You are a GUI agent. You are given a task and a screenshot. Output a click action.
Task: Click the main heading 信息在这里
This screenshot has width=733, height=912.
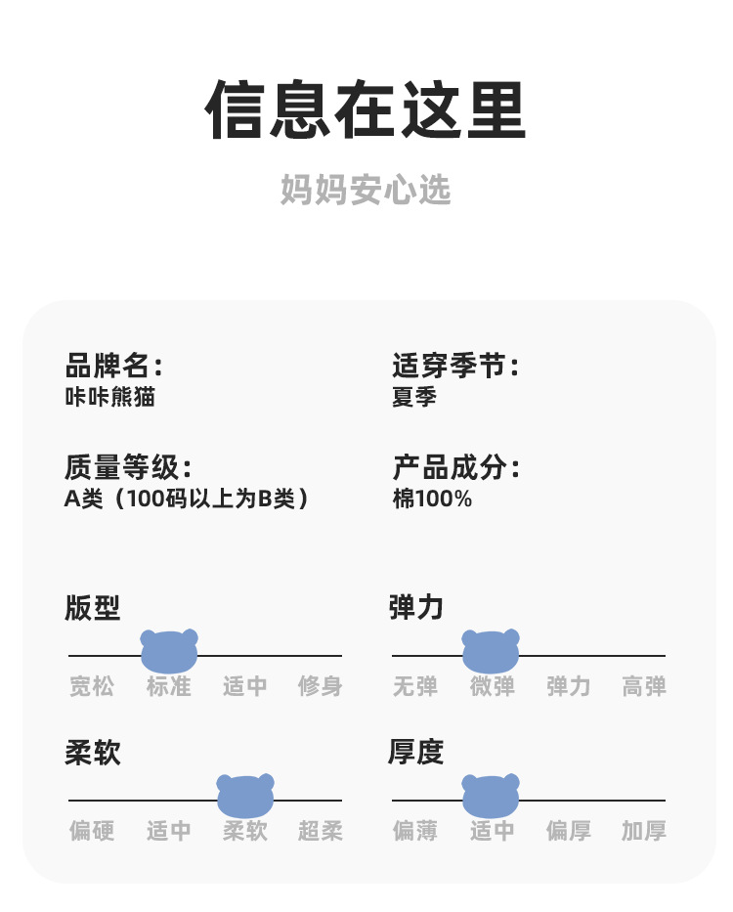[366, 110]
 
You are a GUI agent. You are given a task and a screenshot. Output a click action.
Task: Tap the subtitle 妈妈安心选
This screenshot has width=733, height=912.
[366, 190]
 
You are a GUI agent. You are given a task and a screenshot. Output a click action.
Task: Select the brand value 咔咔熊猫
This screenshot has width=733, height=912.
[109, 398]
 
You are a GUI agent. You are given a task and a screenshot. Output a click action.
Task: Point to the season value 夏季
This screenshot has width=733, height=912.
[413, 398]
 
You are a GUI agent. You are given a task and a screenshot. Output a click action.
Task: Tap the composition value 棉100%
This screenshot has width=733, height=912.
[432, 499]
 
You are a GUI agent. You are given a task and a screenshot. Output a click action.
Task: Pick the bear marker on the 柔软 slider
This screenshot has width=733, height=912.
[245, 796]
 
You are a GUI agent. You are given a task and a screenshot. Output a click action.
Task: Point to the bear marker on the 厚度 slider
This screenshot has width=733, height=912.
[491, 796]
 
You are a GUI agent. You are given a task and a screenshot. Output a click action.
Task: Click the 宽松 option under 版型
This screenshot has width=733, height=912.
[92, 687]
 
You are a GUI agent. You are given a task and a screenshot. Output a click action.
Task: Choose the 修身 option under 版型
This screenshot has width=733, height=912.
[321, 687]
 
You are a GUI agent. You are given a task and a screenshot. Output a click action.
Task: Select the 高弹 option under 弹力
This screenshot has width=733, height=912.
[644, 687]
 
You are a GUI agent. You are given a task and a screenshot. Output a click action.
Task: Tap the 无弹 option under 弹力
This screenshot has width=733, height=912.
[415, 687]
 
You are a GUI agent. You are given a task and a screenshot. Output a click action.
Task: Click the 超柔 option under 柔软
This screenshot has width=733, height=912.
[321, 831]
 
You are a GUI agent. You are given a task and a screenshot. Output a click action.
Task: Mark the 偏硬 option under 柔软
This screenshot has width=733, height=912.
[92, 831]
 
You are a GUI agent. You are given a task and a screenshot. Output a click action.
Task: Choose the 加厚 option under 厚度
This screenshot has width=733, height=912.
[644, 831]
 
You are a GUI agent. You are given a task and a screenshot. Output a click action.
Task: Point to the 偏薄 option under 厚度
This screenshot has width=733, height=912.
[415, 831]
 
